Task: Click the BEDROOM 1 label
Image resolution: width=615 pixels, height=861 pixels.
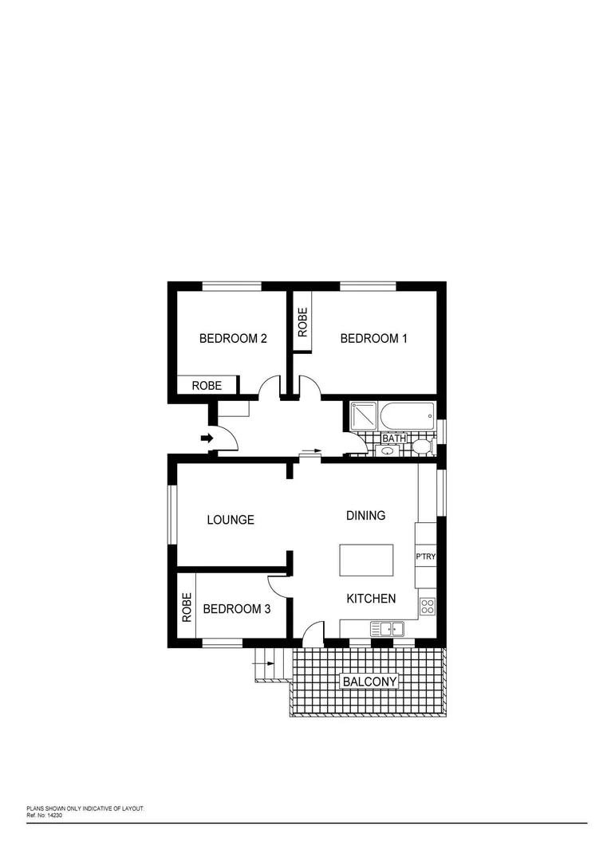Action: point(373,339)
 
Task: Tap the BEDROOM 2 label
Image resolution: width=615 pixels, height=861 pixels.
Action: point(233,339)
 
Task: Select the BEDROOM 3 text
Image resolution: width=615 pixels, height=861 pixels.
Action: point(237,609)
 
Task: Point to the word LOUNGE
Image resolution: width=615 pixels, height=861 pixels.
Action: point(231,520)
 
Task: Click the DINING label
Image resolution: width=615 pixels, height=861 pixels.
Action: point(365,516)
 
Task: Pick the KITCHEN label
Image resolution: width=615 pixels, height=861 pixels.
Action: point(371,599)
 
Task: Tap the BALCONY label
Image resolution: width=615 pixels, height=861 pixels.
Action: point(369,682)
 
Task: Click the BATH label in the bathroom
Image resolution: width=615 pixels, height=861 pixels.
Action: point(394,438)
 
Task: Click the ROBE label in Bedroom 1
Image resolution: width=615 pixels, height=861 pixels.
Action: point(303,323)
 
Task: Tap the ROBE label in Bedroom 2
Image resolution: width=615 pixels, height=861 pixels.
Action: point(207,386)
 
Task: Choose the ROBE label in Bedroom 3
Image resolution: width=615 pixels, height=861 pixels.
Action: point(187,608)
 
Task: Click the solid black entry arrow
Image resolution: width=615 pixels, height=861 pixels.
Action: point(206,438)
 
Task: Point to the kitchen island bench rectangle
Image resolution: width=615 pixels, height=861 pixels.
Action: point(367,560)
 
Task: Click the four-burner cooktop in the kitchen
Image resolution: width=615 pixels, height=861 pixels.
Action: point(427,605)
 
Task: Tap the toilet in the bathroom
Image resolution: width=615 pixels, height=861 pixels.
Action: point(422,445)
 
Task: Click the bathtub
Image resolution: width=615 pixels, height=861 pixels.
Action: point(408,415)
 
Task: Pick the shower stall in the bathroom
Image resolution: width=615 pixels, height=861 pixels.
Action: point(363,415)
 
